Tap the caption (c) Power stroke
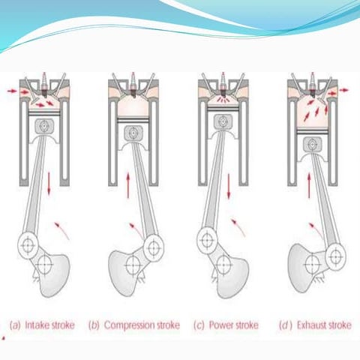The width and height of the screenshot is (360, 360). coord(226,325)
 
